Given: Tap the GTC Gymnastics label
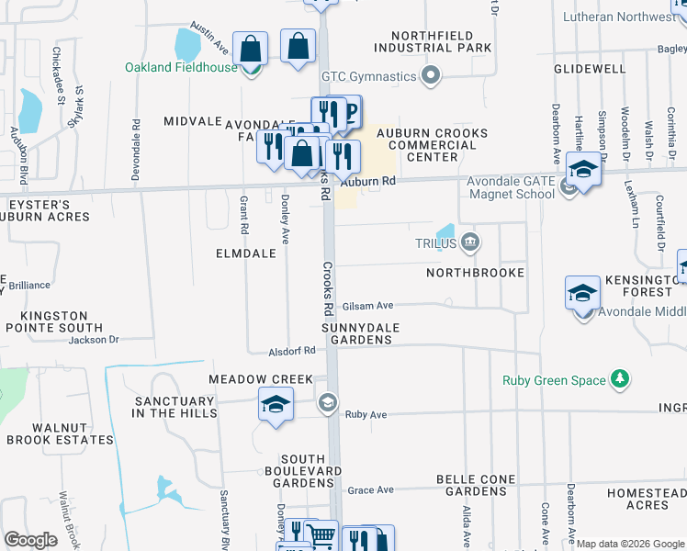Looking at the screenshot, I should point(367,76).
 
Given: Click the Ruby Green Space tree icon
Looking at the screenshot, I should point(622,379).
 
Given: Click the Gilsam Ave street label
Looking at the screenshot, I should point(367,306).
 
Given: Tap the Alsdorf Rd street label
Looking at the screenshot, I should point(292,351).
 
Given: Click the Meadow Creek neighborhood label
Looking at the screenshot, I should point(261,379).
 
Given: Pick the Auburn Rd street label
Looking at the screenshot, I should point(377,182).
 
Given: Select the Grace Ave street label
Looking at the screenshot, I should point(370,490).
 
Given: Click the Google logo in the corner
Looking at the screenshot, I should point(30,540).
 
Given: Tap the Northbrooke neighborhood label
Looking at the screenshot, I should point(475,273).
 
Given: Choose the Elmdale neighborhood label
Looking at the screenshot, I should point(245,253).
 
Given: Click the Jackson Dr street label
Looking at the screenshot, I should point(94,340).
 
